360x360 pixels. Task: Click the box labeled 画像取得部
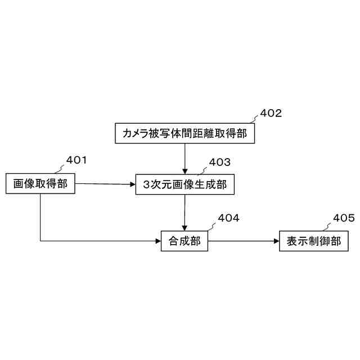click(40, 183)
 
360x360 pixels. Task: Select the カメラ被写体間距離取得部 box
click(184, 133)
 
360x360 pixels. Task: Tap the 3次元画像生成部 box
click(184, 184)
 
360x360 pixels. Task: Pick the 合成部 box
click(184, 241)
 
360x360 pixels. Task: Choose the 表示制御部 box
click(313, 241)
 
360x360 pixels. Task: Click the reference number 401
click(76, 160)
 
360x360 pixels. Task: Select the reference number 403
click(220, 163)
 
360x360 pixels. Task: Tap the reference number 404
click(229, 218)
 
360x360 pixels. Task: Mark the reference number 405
click(344, 218)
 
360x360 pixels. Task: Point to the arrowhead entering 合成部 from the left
click(158, 241)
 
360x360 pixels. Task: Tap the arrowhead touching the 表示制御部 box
click(276, 241)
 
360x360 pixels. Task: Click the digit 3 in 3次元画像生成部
click(147, 184)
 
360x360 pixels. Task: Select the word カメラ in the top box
click(135, 133)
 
